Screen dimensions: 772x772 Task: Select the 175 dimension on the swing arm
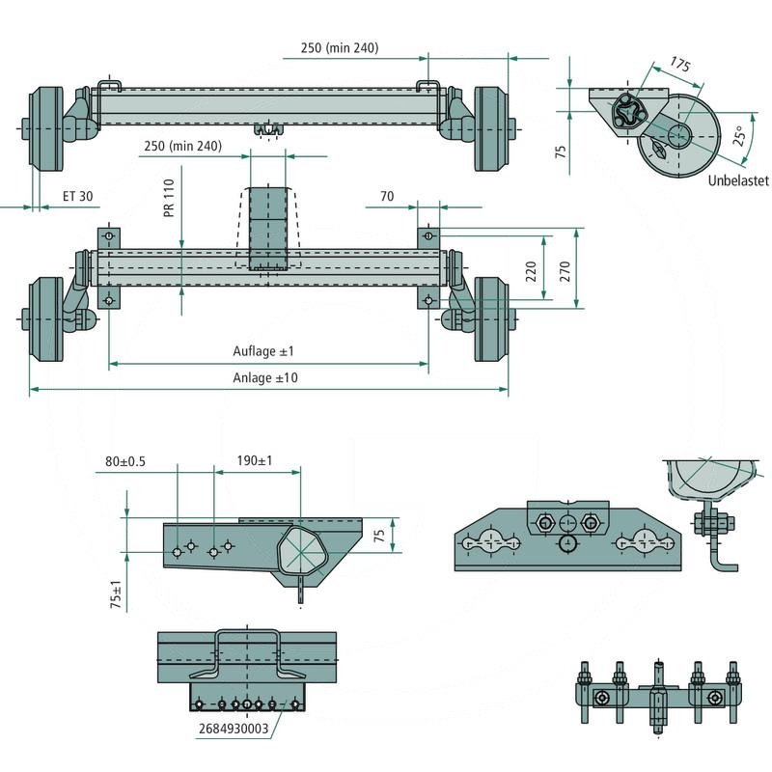tap(679, 67)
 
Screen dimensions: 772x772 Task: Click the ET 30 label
tap(78, 196)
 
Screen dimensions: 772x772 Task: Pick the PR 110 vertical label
tap(168, 198)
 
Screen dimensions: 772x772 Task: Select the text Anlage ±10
tap(265, 378)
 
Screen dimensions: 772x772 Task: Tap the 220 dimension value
tap(531, 271)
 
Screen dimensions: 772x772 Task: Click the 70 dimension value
tap(387, 196)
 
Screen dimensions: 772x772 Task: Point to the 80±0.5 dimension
tap(125, 461)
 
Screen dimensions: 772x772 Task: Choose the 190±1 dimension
tap(255, 461)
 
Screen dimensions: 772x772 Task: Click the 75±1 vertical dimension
tap(116, 594)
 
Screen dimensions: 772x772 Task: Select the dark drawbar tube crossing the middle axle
tap(268, 229)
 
